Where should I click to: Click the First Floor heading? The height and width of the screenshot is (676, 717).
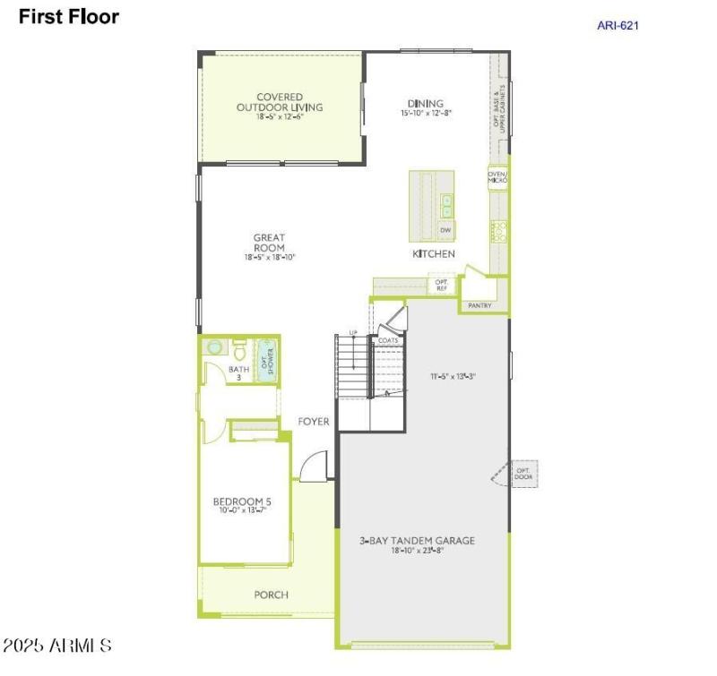tap(69, 16)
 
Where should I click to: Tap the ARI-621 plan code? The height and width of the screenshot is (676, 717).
tap(618, 25)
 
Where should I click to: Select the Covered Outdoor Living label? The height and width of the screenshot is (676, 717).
tap(280, 102)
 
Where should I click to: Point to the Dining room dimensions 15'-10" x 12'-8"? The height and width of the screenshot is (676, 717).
tap(426, 114)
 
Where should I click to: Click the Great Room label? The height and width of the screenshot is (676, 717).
tap(269, 243)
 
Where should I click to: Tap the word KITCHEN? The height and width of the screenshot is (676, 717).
tap(434, 254)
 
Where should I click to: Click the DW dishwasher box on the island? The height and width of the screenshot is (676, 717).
tap(445, 230)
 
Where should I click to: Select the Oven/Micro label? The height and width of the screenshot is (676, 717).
tap(497, 177)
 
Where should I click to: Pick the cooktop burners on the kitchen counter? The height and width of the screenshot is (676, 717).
tap(498, 231)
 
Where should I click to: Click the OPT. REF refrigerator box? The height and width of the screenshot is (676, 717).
tap(441, 285)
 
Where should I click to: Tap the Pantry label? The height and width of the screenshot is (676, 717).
tap(480, 305)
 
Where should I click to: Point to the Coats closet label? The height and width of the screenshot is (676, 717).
tap(388, 341)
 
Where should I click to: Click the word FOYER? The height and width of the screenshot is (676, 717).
tap(314, 422)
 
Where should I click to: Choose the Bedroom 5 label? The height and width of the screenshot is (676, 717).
tap(242, 501)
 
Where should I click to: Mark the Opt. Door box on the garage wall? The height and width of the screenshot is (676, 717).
tap(523, 472)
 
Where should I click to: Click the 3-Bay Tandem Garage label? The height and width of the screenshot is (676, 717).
tap(418, 541)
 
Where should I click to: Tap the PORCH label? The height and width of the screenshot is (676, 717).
tap(271, 595)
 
